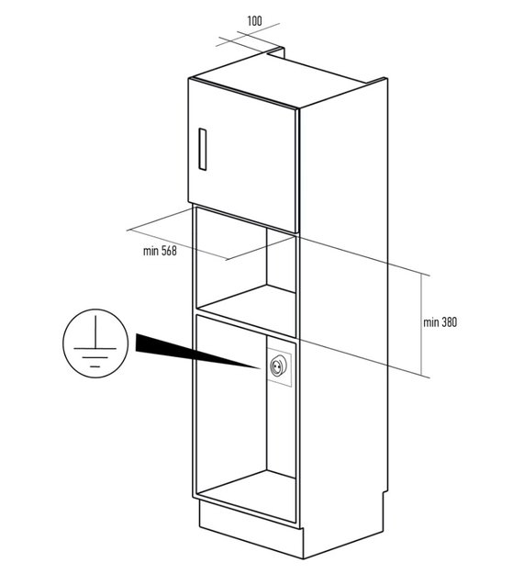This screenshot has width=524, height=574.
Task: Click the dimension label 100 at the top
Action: point(254,21)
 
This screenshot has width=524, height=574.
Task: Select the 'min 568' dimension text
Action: point(160,251)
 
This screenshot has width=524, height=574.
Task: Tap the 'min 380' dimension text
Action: point(440,322)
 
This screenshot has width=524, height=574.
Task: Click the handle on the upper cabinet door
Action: point(202,149)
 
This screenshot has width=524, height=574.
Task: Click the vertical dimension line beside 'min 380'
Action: point(421,324)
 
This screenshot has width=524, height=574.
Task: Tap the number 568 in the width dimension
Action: point(169,251)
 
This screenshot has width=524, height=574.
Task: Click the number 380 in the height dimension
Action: point(450,322)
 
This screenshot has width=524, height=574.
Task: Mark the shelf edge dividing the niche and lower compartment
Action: point(246,326)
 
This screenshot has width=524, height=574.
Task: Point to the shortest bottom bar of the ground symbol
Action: point(95,366)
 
